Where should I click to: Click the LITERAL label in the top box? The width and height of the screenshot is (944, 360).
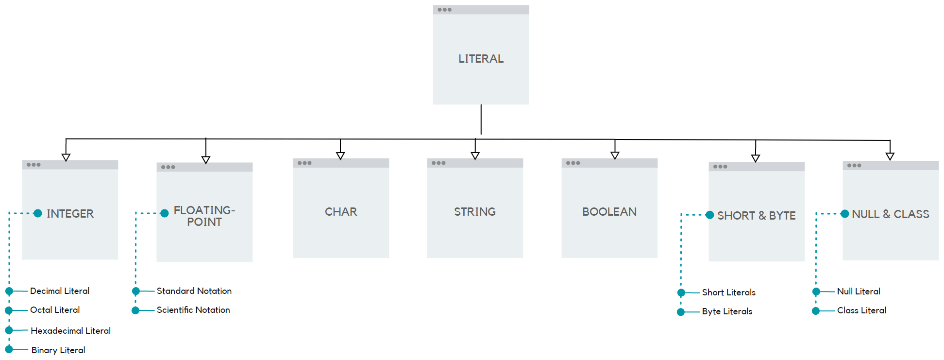pyautogui.click(x=481, y=59)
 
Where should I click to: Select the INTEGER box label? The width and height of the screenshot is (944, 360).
pyautogui.click(x=70, y=214)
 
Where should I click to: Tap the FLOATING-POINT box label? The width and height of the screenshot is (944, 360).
pyautogui.click(x=204, y=216)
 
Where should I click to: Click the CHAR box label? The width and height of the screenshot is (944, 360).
pyautogui.click(x=341, y=212)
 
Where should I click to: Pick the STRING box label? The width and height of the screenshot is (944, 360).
pyautogui.click(x=475, y=212)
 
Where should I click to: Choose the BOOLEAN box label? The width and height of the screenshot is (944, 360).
pyautogui.click(x=609, y=212)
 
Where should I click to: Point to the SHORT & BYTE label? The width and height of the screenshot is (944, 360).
pyautogui.click(x=756, y=216)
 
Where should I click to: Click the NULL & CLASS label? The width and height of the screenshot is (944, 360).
pyautogui.click(x=890, y=214)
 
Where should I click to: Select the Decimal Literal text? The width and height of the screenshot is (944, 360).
pyautogui.click(x=60, y=291)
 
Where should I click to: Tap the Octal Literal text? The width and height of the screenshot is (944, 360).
pyautogui.click(x=55, y=310)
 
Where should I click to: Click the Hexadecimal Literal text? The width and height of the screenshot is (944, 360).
pyautogui.click(x=70, y=331)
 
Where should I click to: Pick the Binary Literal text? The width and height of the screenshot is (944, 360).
pyautogui.click(x=58, y=350)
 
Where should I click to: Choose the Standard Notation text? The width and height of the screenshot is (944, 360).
pyautogui.click(x=194, y=291)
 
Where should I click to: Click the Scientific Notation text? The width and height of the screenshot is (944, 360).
pyautogui.click(x=193, y=310)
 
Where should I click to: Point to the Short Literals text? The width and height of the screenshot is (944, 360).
pyautogui.click(x=728, y=292)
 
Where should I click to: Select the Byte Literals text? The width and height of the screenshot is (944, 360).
pyautogui.click(x=727, y=311)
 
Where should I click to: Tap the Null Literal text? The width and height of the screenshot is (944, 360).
pyautogui.click(x=859, y=291)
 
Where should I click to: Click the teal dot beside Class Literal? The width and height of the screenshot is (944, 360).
pyautogui.click(x=816, y=311)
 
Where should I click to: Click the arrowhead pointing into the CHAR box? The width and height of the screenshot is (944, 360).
pyautogui.click(x=340, y=156)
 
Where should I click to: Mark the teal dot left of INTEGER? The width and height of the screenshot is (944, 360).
pyautogui.click(x=38, y=213)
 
